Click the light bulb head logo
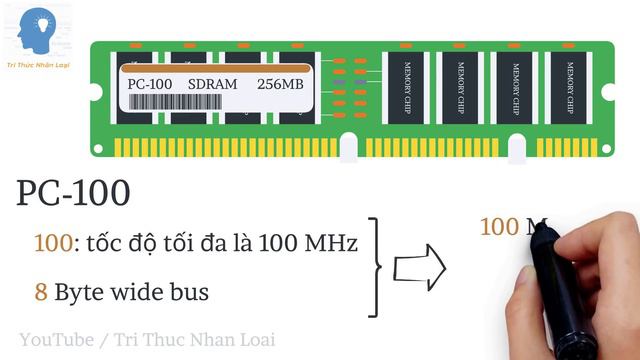(40, 30)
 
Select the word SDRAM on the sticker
(212, 84)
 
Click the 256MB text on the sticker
(280, 84)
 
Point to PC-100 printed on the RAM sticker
(149, 84)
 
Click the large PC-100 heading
(73, 193)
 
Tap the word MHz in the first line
(328, 243)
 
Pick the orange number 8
(41, 293)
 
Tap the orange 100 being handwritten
(499, 227)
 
